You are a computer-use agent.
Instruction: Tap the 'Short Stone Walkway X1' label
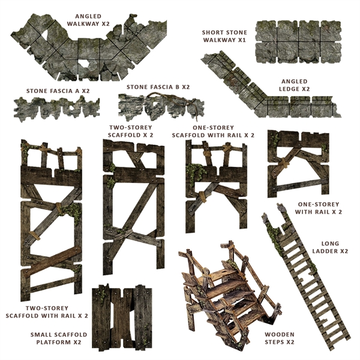224,36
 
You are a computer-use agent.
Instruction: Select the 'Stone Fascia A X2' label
58,91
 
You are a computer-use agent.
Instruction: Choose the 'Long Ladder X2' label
326,247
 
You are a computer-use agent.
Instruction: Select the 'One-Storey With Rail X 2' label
320,208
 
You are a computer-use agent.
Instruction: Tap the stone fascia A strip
56,108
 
